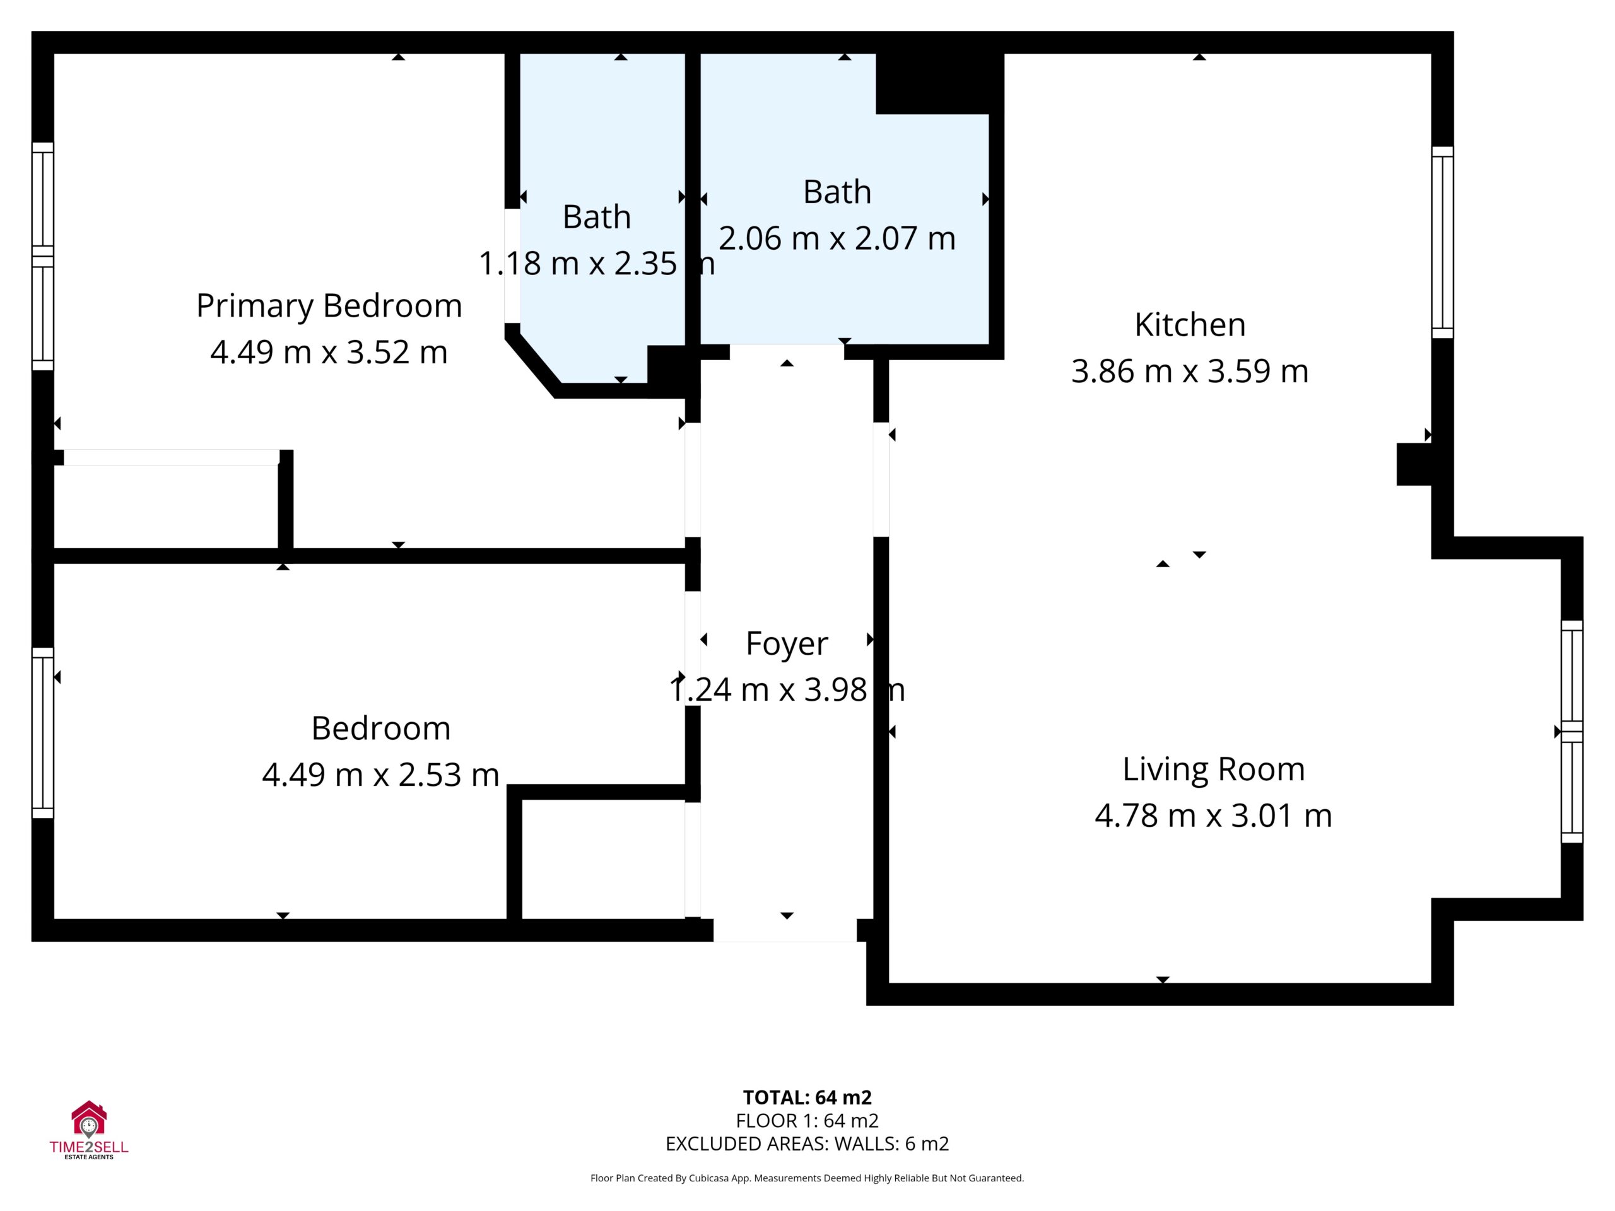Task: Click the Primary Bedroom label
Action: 329,306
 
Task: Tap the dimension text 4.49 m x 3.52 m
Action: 329,352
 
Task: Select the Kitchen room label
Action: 1189,325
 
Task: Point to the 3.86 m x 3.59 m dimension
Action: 1189,371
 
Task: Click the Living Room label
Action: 1213,769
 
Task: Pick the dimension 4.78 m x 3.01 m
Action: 1213,816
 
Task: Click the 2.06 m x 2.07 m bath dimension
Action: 837,238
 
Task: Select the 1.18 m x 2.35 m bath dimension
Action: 597,264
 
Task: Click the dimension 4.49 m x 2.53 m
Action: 380,775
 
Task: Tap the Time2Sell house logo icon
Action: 88,1119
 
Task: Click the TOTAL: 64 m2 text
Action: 807,1097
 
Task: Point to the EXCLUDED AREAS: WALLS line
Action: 807,1144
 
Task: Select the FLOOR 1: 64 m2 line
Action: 807,1120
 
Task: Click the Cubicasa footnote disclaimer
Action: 807,1178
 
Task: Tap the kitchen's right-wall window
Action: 1442,242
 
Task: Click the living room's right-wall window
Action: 1572,732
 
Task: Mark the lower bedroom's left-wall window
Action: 43,733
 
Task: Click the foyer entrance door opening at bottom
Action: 785,929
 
